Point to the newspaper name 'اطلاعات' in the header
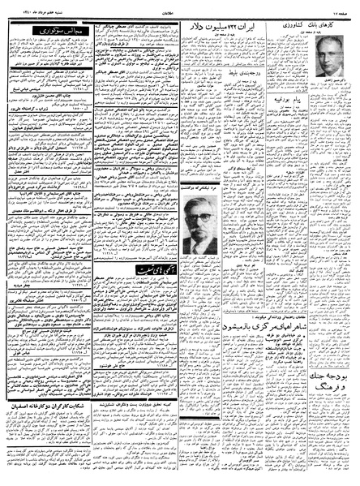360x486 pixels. pos(179,10)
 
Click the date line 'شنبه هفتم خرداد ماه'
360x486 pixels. pos(28,10)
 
